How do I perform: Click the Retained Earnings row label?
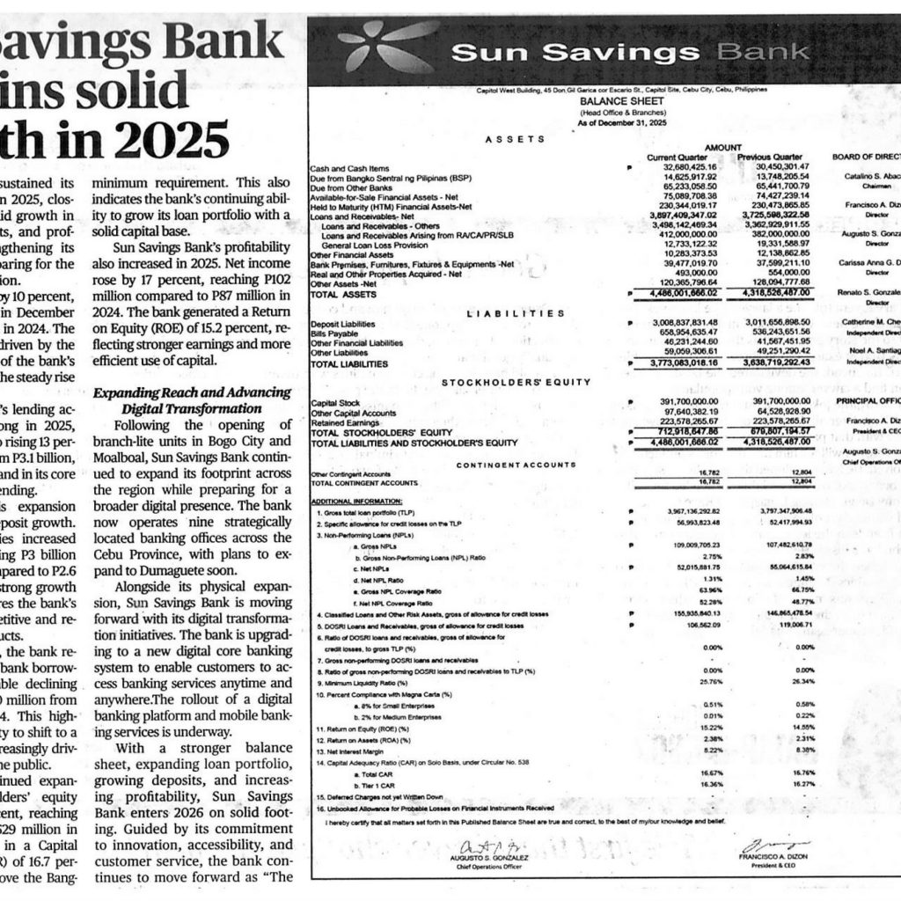pos(341,423)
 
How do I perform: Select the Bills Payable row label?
pos(330,333)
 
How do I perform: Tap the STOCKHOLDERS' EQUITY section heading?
pos(509,382)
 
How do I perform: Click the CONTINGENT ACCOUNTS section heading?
pos(509,464)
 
